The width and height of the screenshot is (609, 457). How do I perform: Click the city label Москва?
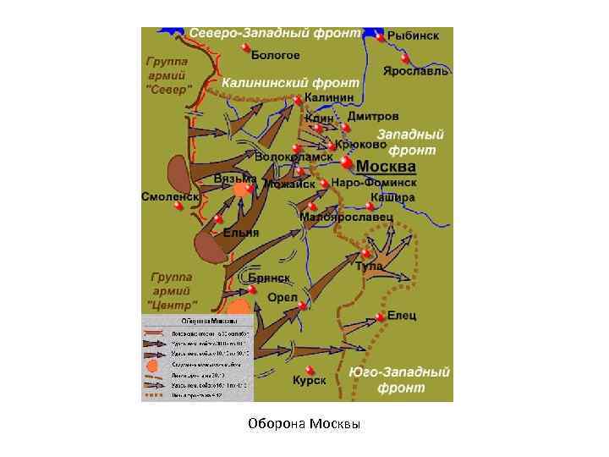tap(386, 166)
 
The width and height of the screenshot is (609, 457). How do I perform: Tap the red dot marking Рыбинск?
tap(381, 37)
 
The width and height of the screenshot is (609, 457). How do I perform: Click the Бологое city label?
tap(276, 55)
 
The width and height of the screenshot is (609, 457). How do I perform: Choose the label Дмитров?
tap(373, 116)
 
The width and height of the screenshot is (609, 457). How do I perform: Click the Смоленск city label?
tap(169, 196)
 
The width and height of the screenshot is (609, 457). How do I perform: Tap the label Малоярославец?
tap(347, 217)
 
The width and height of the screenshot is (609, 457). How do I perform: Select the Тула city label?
tap(369, 266)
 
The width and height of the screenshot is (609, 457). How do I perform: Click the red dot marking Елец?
tap(380, 316)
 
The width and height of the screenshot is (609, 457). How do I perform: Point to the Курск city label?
tap(310, 381)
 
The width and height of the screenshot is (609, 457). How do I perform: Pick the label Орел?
tap(282, 298)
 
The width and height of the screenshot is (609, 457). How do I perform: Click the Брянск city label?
tap(269, 278)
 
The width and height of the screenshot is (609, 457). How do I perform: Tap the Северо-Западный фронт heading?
tap(274, 33)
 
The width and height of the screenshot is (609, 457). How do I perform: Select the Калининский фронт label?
tap(290, 84)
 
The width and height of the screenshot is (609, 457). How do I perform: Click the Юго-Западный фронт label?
tap(400, 380)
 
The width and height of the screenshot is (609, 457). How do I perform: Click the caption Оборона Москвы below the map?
tap(304, 423)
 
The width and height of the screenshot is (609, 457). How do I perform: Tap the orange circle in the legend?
tap(152, 366)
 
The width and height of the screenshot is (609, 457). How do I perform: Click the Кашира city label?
tap(392, 197)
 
